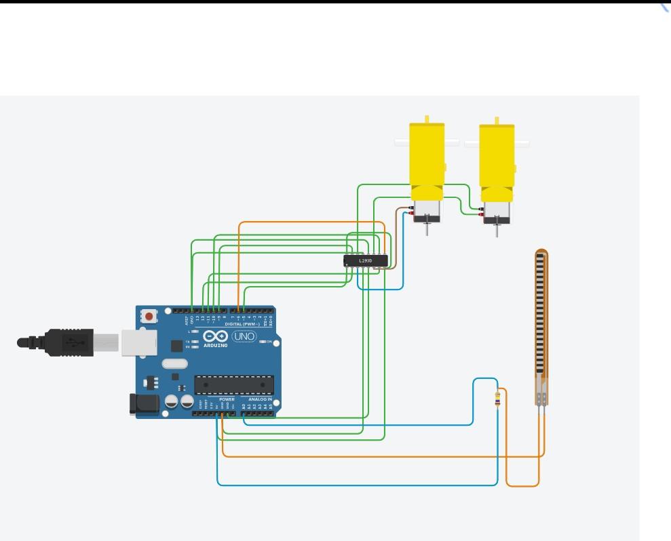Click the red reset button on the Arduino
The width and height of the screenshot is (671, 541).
[x=149, y=317]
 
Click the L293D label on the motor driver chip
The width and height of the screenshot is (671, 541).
[x=365, y=260]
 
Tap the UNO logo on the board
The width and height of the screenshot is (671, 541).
[x=244, y=336]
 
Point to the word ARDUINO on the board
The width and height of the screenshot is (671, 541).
[x=216, y=346]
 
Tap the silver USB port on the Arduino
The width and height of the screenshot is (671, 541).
[x=138, y=342]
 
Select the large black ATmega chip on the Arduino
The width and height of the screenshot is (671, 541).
[x=234, y=384]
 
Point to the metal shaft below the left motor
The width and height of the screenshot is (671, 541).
[x=427, y=228]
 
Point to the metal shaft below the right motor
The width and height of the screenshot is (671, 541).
[x=497, y=230]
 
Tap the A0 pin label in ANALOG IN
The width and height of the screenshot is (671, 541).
[x=244, y=406]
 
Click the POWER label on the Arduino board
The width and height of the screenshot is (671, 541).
[x=227, y=400]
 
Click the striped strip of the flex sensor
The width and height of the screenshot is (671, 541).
[x=541, y=315]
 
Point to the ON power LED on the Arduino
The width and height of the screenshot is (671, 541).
[x=263, y=341]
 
